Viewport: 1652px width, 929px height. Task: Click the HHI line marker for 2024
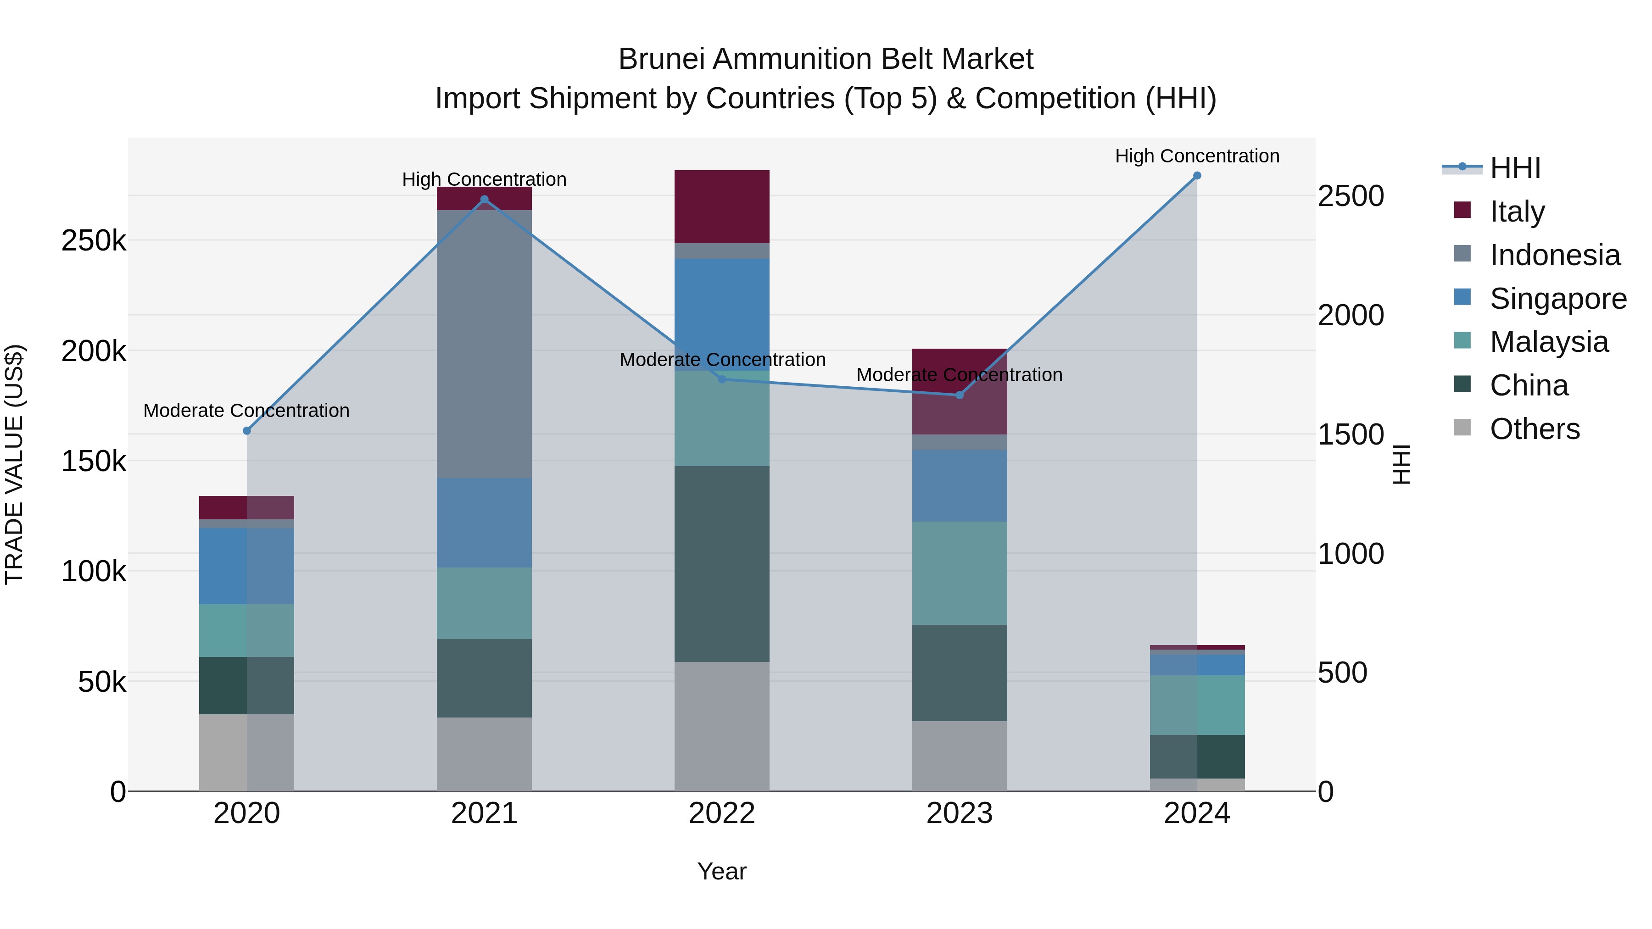1197,176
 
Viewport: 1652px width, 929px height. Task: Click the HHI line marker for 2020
247,431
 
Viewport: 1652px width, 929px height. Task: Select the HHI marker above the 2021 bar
484,200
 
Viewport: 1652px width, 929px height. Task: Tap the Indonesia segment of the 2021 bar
484,344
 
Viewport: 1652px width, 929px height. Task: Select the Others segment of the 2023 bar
960,756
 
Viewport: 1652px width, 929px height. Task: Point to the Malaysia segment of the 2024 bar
1197,705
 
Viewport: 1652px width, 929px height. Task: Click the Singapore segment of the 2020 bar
247,566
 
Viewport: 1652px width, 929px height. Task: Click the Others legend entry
1534,429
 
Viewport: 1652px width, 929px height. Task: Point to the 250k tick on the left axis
94,241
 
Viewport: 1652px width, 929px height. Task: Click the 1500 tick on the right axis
1351,435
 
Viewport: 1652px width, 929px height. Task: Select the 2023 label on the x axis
960,813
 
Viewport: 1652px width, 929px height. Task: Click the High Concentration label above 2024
1197,156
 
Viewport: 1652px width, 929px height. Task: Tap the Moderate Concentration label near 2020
246,410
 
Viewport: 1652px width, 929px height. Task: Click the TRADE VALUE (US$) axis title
14,464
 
